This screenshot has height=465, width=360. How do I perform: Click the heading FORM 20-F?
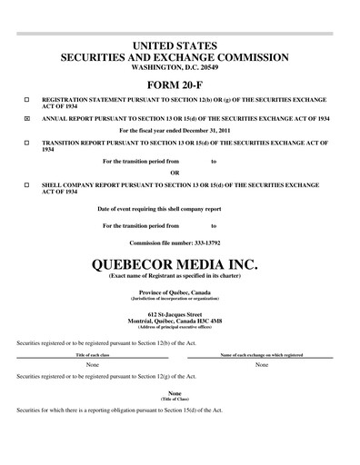180,84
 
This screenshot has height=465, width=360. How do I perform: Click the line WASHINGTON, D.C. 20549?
180,68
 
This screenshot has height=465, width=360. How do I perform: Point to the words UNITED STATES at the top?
180,45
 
